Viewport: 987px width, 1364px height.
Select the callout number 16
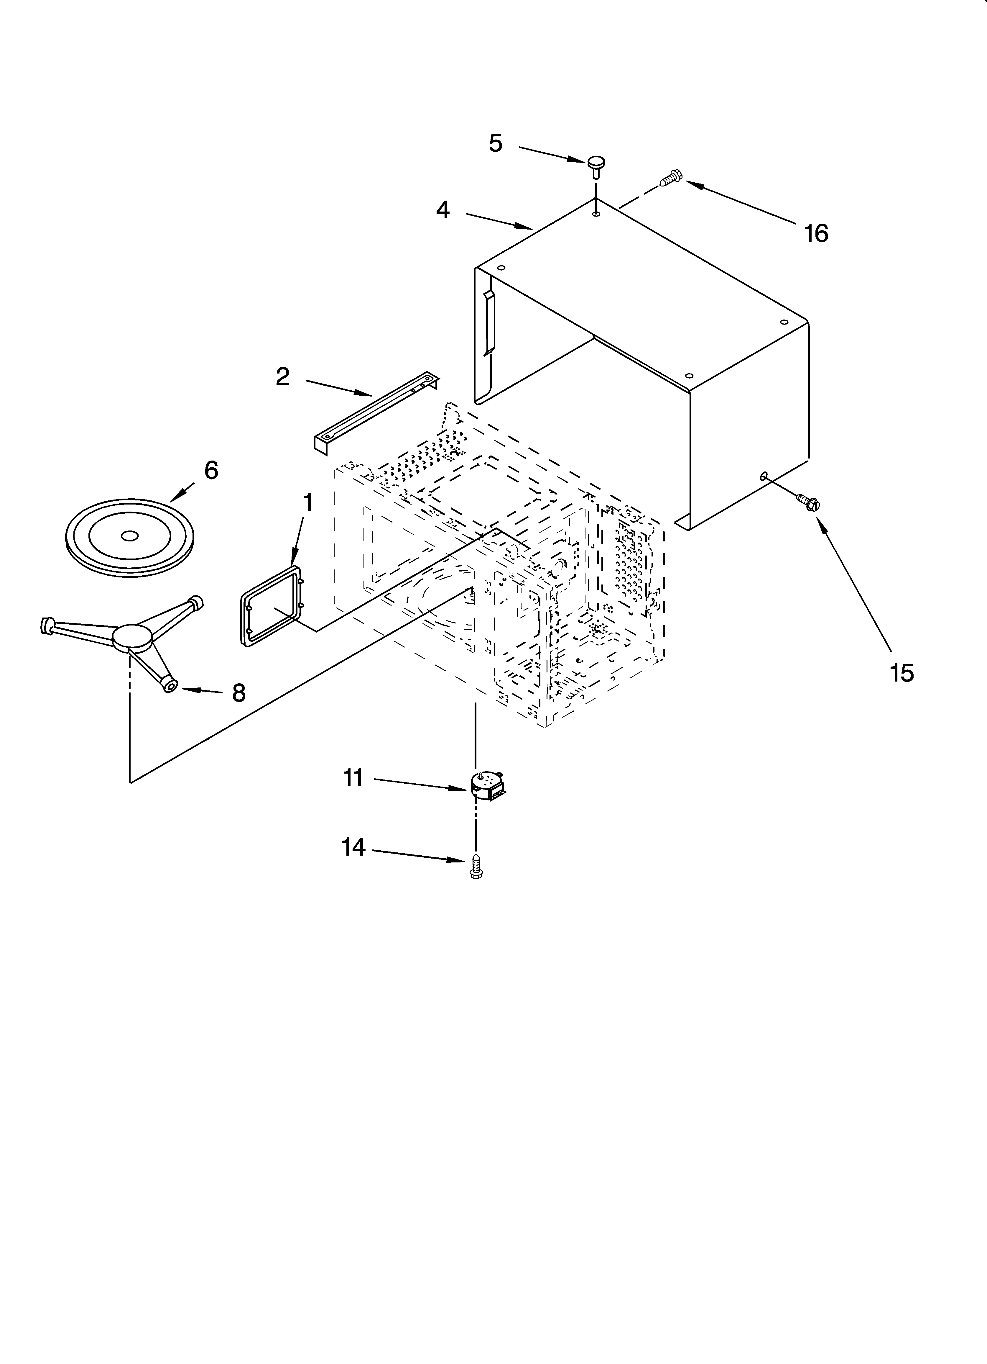click(816, 233)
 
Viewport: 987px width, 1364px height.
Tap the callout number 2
click(282, 377)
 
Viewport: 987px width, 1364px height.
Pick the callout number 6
click(211, 470)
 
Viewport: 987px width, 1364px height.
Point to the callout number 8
click(238, 693)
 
